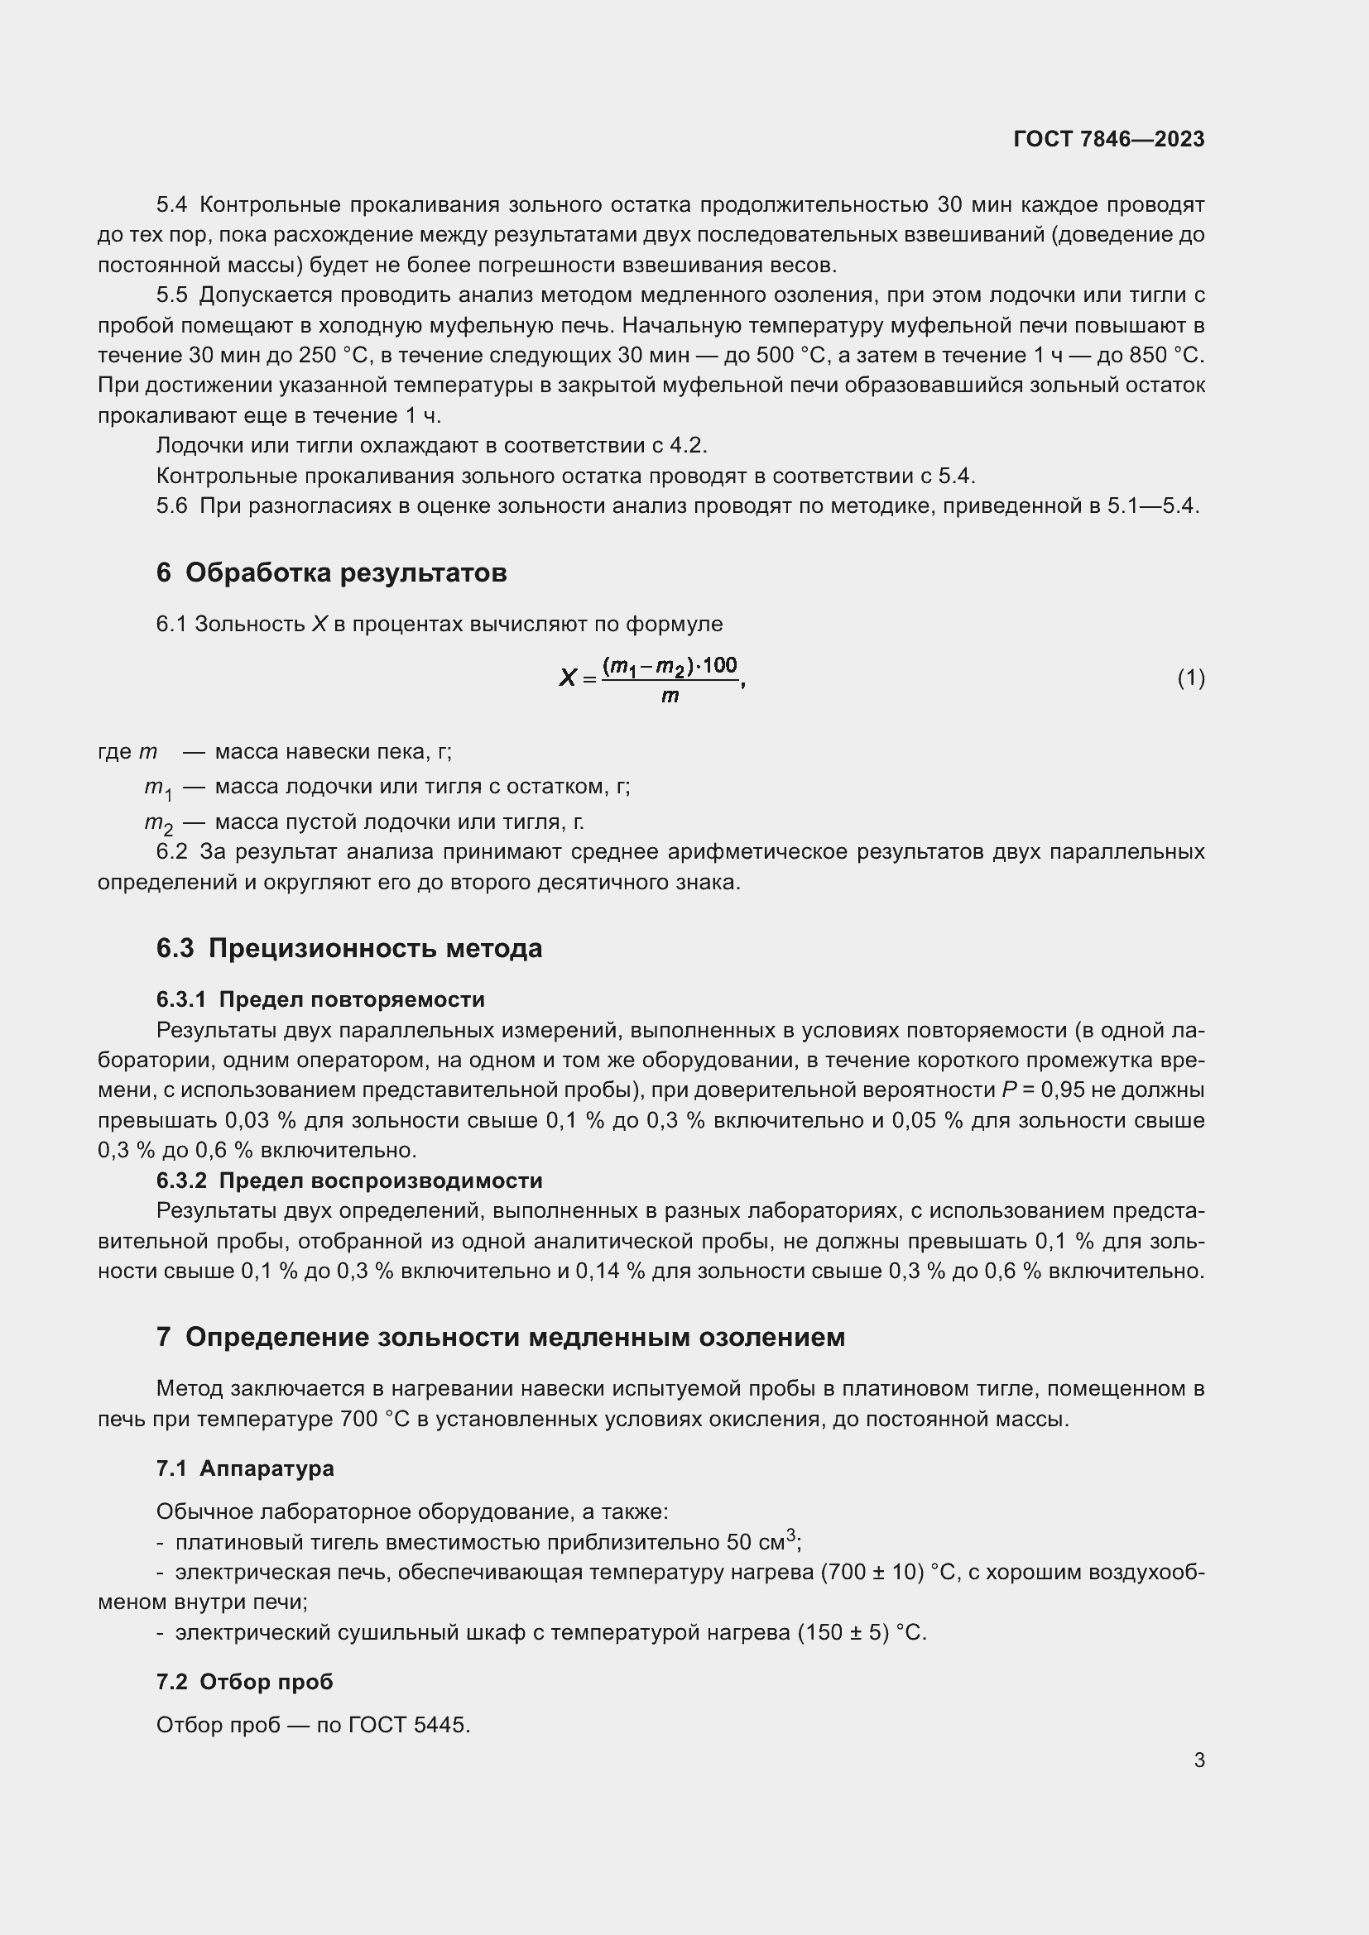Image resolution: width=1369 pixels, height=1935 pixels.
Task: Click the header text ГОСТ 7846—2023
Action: click(1108, 139)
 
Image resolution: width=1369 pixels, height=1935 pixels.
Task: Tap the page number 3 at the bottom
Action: click(1198, 1760)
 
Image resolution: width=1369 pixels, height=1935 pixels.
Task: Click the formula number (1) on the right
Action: click(1190, 678)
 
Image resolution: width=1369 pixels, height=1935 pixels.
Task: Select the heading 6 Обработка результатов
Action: click(331, 573)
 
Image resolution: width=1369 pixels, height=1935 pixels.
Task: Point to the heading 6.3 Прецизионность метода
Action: click(349, 949)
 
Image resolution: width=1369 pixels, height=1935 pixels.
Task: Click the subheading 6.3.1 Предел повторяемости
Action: click(320, 999)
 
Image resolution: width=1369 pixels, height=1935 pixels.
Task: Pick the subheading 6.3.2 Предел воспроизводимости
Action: click(349, 1181)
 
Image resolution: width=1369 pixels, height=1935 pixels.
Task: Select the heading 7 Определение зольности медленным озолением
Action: click(501, 1338)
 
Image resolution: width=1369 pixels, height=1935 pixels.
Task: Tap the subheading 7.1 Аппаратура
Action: click(245, 1469)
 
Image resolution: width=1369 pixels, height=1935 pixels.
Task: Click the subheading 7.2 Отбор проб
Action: click(244, 1682)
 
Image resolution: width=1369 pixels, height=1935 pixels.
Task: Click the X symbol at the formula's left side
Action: click(567, 678)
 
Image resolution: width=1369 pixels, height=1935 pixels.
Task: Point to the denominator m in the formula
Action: click(670, 697)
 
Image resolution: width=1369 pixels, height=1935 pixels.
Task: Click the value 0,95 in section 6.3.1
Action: click(1063, 1090)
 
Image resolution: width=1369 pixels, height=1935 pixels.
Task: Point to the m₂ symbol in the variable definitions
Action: click(157, 823)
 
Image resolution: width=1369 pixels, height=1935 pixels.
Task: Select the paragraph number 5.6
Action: click(172, 506)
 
